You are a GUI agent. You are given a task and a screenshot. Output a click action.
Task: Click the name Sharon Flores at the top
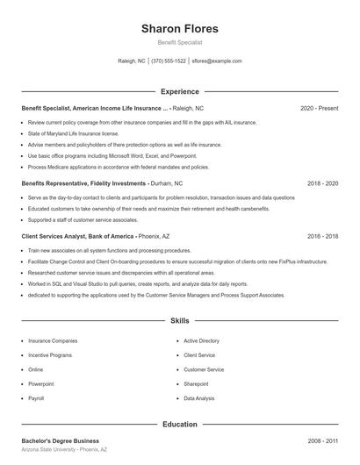click(x=179, y=28)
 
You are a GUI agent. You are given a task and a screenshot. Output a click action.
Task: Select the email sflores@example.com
click(x=217, y=61)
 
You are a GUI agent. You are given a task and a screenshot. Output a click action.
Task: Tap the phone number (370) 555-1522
click(x=169, y=61)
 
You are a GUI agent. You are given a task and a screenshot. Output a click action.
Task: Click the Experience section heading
click(x=179, y=91)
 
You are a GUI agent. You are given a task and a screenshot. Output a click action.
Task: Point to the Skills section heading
click(x=179, y=322)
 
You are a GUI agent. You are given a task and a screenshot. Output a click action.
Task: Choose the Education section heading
click(x=179, y=424)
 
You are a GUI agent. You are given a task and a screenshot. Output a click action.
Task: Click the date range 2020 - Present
click(x=319, y=108)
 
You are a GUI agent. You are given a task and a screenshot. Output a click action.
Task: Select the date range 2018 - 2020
click(x=322, y=183)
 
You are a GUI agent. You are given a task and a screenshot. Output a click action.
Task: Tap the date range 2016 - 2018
click(x=322, y=236)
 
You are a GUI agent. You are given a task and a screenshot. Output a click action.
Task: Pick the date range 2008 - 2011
click(x=322, y=440)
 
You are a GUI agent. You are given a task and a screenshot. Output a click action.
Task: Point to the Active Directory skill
click(x=201, y=340)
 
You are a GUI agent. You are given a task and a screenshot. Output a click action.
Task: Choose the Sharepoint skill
click(x=198, y=383)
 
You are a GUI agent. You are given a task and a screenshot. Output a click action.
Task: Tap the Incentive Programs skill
click(x=50, y=354)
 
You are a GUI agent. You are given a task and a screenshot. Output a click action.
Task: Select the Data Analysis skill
click(x=198, y=398)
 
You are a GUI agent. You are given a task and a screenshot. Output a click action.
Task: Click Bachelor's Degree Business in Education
click(x=60, y=440)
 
